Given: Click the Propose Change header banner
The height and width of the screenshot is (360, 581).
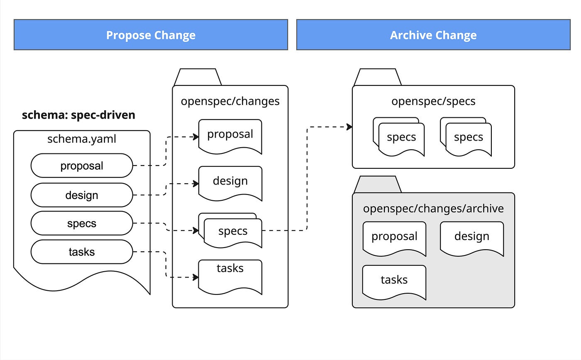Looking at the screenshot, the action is click(151, 34).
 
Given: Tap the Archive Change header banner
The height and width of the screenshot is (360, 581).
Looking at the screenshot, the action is click(433, 34).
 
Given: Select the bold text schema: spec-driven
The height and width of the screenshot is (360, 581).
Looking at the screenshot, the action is click(78, 115).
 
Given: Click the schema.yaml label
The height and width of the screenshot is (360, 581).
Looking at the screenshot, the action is click(82, 139).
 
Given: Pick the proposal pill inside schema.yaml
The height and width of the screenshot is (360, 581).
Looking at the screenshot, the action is click(82, 165).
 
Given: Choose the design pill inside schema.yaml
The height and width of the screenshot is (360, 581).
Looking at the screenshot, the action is click(82, 195).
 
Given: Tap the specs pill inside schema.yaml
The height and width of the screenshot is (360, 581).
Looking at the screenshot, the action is click(82, 223).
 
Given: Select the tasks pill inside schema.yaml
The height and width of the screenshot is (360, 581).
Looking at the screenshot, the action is click(82, 252).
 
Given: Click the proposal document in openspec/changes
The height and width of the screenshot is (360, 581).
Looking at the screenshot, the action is click(230, 136).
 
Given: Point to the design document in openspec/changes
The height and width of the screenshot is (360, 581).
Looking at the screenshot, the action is click(230, 183).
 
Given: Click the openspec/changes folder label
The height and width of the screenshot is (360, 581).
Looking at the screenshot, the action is click(230, 101).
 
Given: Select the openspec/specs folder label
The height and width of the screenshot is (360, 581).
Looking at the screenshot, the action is click(433, 101).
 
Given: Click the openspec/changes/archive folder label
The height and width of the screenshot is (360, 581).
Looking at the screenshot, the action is click(433, 208).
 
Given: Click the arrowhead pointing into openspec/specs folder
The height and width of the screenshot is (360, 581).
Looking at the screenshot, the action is click(349, 127).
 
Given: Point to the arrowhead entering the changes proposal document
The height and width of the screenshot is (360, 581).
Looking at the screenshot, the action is click(196, 136).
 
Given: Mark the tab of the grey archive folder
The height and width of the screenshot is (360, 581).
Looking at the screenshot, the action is click(378, 185).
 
